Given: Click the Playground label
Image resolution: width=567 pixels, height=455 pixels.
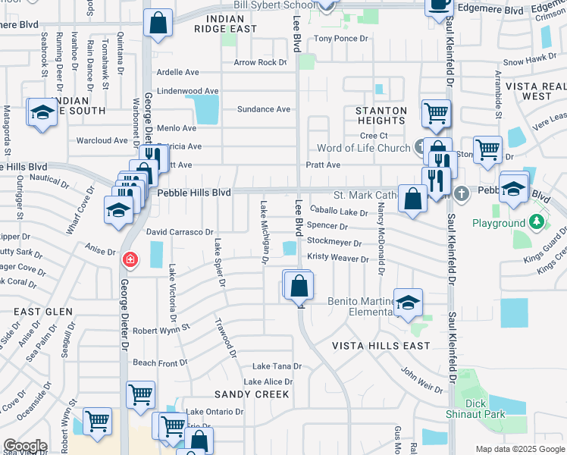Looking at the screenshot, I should pos(498,223).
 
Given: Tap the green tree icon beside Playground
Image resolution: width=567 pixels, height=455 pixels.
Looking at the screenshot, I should pos(537,221).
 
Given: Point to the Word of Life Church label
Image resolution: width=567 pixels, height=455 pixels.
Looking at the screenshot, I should pos(364,148).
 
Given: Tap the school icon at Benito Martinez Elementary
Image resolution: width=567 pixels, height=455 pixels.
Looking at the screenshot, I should pos(408,302).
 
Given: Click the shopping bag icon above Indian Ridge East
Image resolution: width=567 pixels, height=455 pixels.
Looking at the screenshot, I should pos(158,24).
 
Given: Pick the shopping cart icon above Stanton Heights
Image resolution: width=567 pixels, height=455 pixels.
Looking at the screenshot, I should pos(436,113).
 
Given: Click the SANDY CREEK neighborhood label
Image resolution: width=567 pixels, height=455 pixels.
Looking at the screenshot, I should pos(252,394).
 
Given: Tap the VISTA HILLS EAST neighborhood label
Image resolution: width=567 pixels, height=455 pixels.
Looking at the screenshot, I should pos(381,346).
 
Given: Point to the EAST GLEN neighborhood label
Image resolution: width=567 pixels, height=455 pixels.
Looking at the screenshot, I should pos(43,312).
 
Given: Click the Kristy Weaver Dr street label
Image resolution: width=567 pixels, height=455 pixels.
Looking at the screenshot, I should pos(337,258).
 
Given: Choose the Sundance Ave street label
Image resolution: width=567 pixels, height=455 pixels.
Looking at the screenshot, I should pos(264,109).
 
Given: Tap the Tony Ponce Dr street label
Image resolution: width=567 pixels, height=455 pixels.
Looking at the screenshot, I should pos(340,38).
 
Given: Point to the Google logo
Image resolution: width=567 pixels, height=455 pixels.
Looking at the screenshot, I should pos(25,446).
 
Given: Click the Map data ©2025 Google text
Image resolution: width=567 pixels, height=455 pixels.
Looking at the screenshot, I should pos(518,449).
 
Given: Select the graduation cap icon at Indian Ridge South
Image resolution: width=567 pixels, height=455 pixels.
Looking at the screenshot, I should pos(42,113).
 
